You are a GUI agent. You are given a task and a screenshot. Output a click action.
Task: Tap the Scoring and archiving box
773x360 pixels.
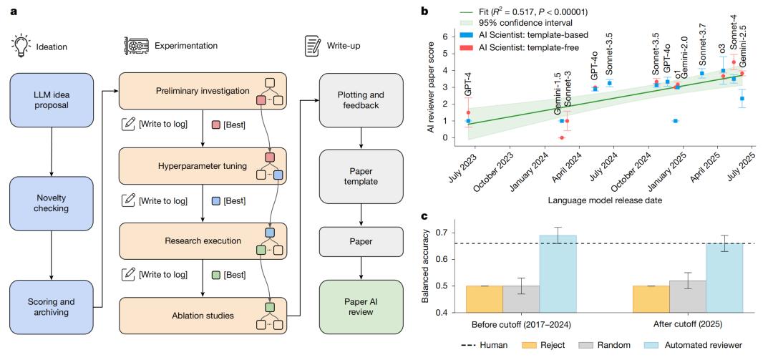(x=52, y=306)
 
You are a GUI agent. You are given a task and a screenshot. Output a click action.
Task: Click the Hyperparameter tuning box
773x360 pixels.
(x=203, y=166)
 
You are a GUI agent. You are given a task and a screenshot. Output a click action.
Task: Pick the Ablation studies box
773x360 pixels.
(x=203, y=316)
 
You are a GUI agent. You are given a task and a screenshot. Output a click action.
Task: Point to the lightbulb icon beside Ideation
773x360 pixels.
(x=21, y=47)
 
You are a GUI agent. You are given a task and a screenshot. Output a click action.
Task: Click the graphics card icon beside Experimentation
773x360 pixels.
(x=135, y=45)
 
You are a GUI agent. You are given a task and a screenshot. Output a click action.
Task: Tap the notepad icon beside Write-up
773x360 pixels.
(x=311, y=45)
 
